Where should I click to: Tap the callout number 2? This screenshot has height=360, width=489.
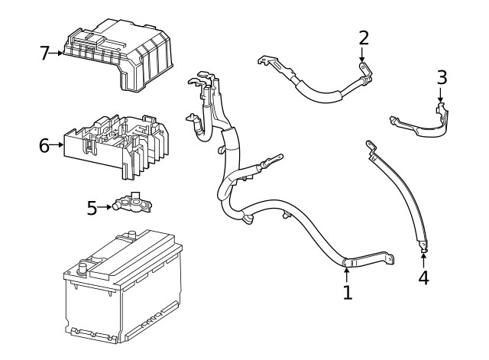tap(364, 37)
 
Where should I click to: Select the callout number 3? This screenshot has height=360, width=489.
tap(441, 77)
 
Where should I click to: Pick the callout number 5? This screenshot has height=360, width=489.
tap(92, 207)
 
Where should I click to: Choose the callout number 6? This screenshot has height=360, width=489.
tap(44, 145)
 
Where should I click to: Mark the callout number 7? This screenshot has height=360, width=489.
tap(44, 53)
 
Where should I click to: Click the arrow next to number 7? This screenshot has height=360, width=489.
tap(58, 53)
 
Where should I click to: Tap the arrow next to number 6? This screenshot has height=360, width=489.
tap(58, 145)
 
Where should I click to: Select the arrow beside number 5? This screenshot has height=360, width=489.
tap(106, 207)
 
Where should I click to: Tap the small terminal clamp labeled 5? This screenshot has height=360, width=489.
tap(134, 203)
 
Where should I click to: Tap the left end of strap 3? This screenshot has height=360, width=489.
tap(395, 119)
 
